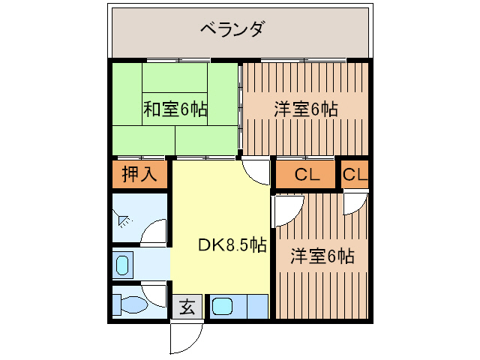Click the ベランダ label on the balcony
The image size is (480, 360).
232,30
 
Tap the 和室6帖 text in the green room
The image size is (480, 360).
175,109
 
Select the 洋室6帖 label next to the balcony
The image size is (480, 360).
305,109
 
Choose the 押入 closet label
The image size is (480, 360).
140,175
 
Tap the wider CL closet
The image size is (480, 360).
307,175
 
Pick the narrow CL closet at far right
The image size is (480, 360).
355,175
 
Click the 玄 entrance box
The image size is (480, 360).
187,307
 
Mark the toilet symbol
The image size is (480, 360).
129,304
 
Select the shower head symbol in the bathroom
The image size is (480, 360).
123,220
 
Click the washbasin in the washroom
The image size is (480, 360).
122,265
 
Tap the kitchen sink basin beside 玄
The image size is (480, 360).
223,307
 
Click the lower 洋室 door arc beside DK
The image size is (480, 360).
286,211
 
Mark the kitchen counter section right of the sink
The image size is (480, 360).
255,307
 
